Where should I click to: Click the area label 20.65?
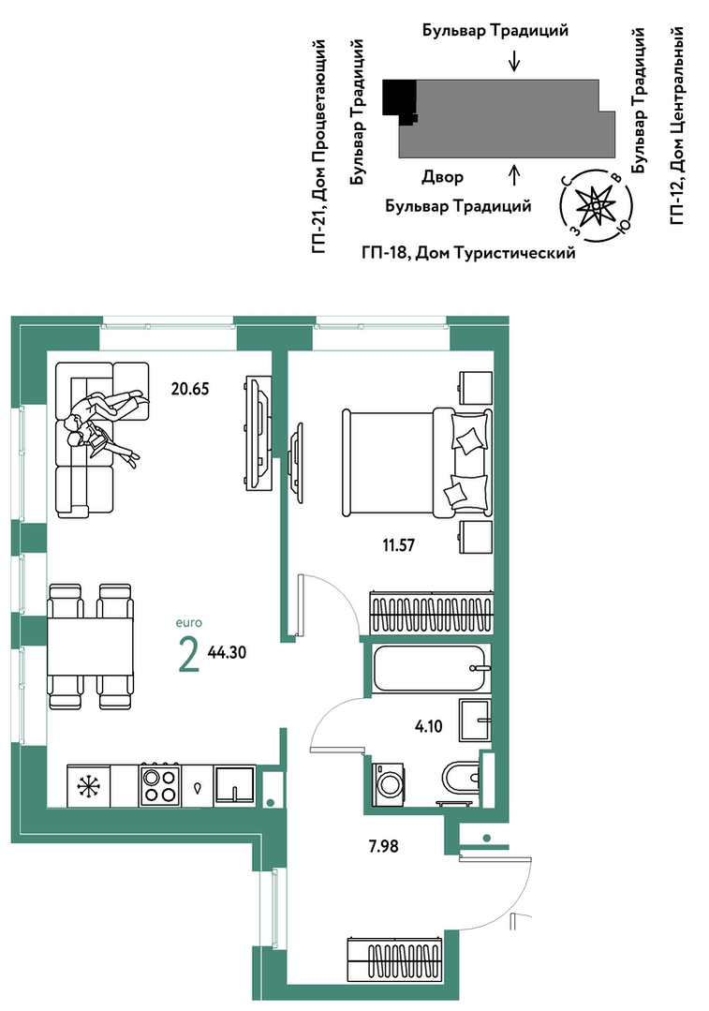click(x=190, y=389)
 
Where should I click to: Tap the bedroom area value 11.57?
click(x=398, y=545)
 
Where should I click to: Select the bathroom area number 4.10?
click(x=429, y=727)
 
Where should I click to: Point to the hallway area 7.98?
click(x=383, y=846)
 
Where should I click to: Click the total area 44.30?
click(x=227, y=652)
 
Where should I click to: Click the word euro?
click(x=189, y=623)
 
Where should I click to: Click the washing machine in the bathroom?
click(x=390, y=783)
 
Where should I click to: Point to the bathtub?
click(x=431, y=668)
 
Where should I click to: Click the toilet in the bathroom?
click(x=463, y=779)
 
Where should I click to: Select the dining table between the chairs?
click(x=90, y=646)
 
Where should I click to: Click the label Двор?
click(x=443, y=177)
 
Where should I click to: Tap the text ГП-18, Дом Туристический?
click(x=468, y=253)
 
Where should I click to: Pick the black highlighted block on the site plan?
click(x=399, y=98)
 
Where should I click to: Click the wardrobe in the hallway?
click(x=396, y=959)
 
